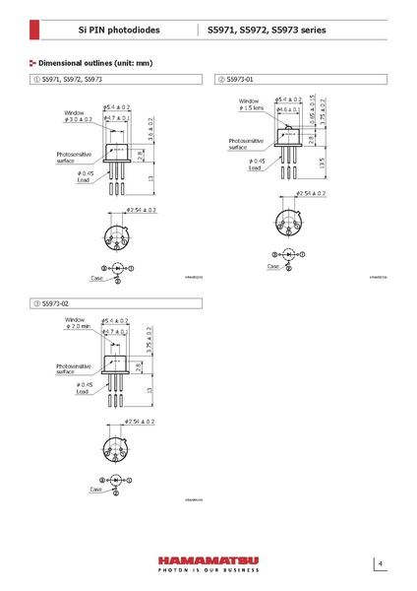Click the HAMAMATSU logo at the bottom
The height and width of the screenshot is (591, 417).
click(x=208, y=558)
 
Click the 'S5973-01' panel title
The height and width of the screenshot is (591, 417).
click(x=240, y=78)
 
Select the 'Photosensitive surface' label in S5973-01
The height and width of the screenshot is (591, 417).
click(x=245, y=144)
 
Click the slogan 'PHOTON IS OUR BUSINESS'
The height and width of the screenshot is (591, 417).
click(x=208, y=570)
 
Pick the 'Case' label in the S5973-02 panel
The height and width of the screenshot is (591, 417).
click(x=95, y=490)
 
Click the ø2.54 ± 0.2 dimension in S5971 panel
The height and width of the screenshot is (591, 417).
click(x=139, y=210)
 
